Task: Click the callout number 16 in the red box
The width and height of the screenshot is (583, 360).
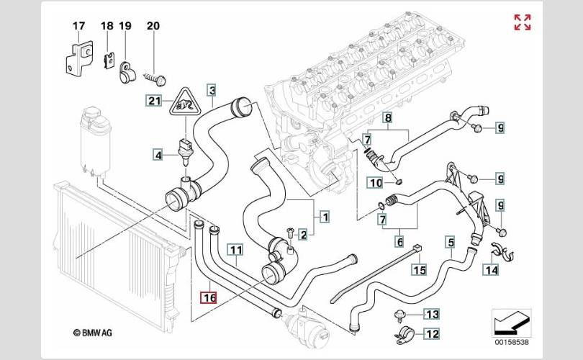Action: coord(208,297)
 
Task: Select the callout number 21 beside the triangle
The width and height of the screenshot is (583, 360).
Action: coord(154,100)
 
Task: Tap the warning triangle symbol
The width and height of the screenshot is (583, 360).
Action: coord(185,102)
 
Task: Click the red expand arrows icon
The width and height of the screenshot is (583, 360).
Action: coord(523,22)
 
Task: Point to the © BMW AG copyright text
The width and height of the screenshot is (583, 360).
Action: coord(92,333)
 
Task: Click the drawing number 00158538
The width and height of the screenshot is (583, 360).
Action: coord(511,342)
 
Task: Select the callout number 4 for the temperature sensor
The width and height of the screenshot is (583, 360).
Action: coord(158,155)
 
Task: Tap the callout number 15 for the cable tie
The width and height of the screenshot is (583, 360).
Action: coord(420,269)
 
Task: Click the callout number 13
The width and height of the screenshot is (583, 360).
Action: coord(432,314)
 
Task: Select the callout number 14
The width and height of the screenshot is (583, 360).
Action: coord(491,269)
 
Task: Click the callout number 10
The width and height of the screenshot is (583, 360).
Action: coord(376,183)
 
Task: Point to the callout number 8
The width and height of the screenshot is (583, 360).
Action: coord(388,118)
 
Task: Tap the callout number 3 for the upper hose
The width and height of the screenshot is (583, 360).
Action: coord(212,90)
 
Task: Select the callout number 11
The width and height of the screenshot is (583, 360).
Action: coord(236,250)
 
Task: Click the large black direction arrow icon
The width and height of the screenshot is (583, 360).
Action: coord(511,323)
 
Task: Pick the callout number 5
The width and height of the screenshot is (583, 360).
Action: coord(451,243)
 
